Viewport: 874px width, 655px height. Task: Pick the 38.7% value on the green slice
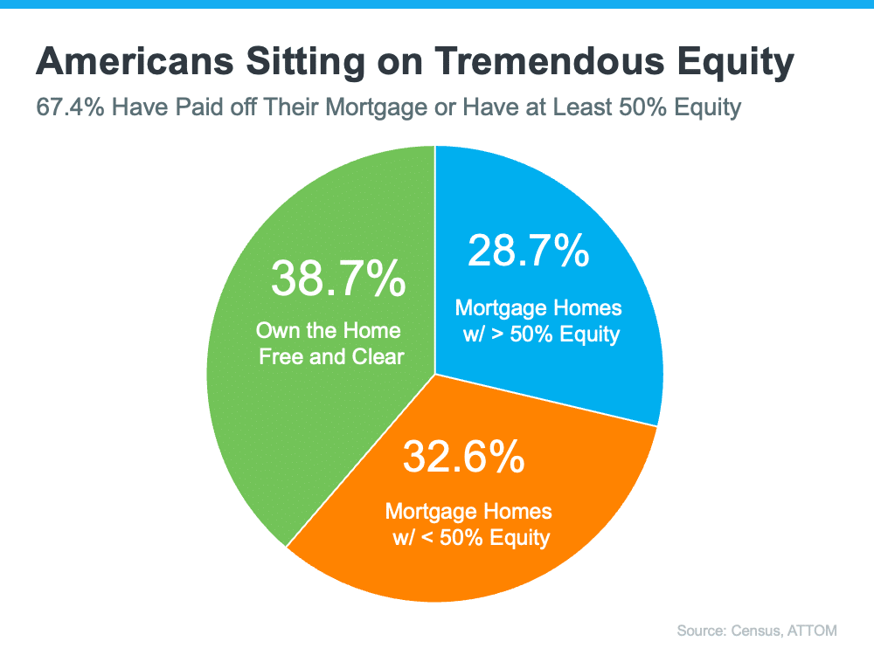(337, 279)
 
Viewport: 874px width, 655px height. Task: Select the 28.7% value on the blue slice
(529, 252)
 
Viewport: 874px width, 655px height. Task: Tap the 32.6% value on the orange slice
(463, 456)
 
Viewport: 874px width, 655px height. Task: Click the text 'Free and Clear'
(331, 356)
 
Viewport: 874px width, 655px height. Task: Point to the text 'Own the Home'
(328, 331)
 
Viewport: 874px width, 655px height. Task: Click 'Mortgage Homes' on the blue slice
(538, 308)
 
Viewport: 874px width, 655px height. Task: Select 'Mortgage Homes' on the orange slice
(468, 511)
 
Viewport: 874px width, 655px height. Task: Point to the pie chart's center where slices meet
(435, 374)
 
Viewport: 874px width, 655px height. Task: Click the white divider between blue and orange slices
(546, 400)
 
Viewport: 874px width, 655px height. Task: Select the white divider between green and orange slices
(361, 460)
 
